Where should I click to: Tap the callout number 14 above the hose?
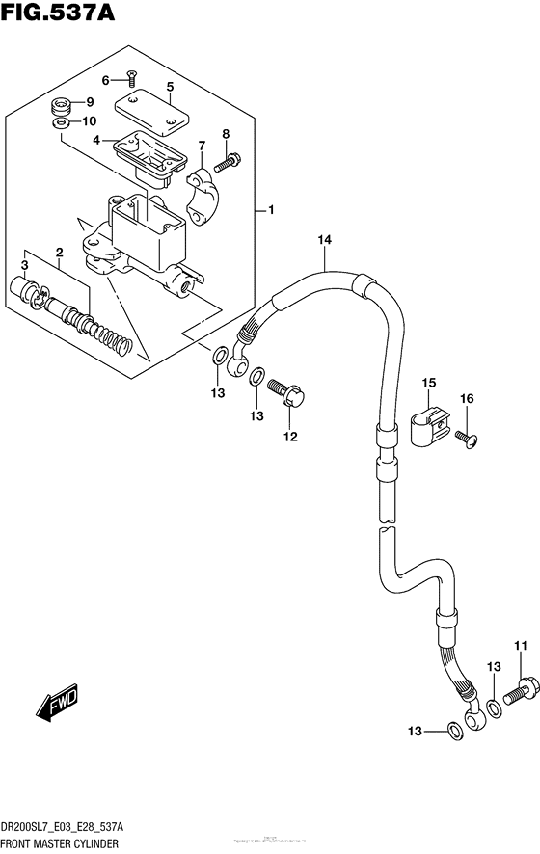click(x=323, y=239)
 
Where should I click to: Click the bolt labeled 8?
click(x=229, y=163)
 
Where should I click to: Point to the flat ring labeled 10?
click(x=60, y=122)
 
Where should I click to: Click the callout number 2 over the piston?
click(x=60, y=254)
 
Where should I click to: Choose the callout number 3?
click(x=26, y=264)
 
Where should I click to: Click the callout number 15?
click(x=428, y=385)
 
